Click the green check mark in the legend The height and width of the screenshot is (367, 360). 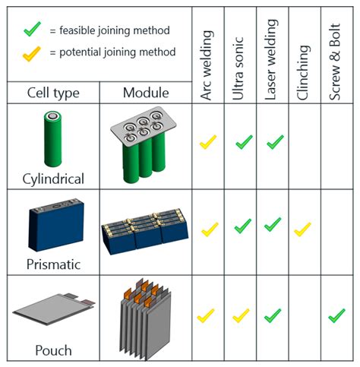(31, 31)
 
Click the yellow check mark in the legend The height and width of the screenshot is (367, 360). (31, 52)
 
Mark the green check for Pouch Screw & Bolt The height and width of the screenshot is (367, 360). (336, 314)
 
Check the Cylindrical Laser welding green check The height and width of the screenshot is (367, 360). (273, 141)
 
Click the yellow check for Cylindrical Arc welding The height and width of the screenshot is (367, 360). (208, 142)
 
